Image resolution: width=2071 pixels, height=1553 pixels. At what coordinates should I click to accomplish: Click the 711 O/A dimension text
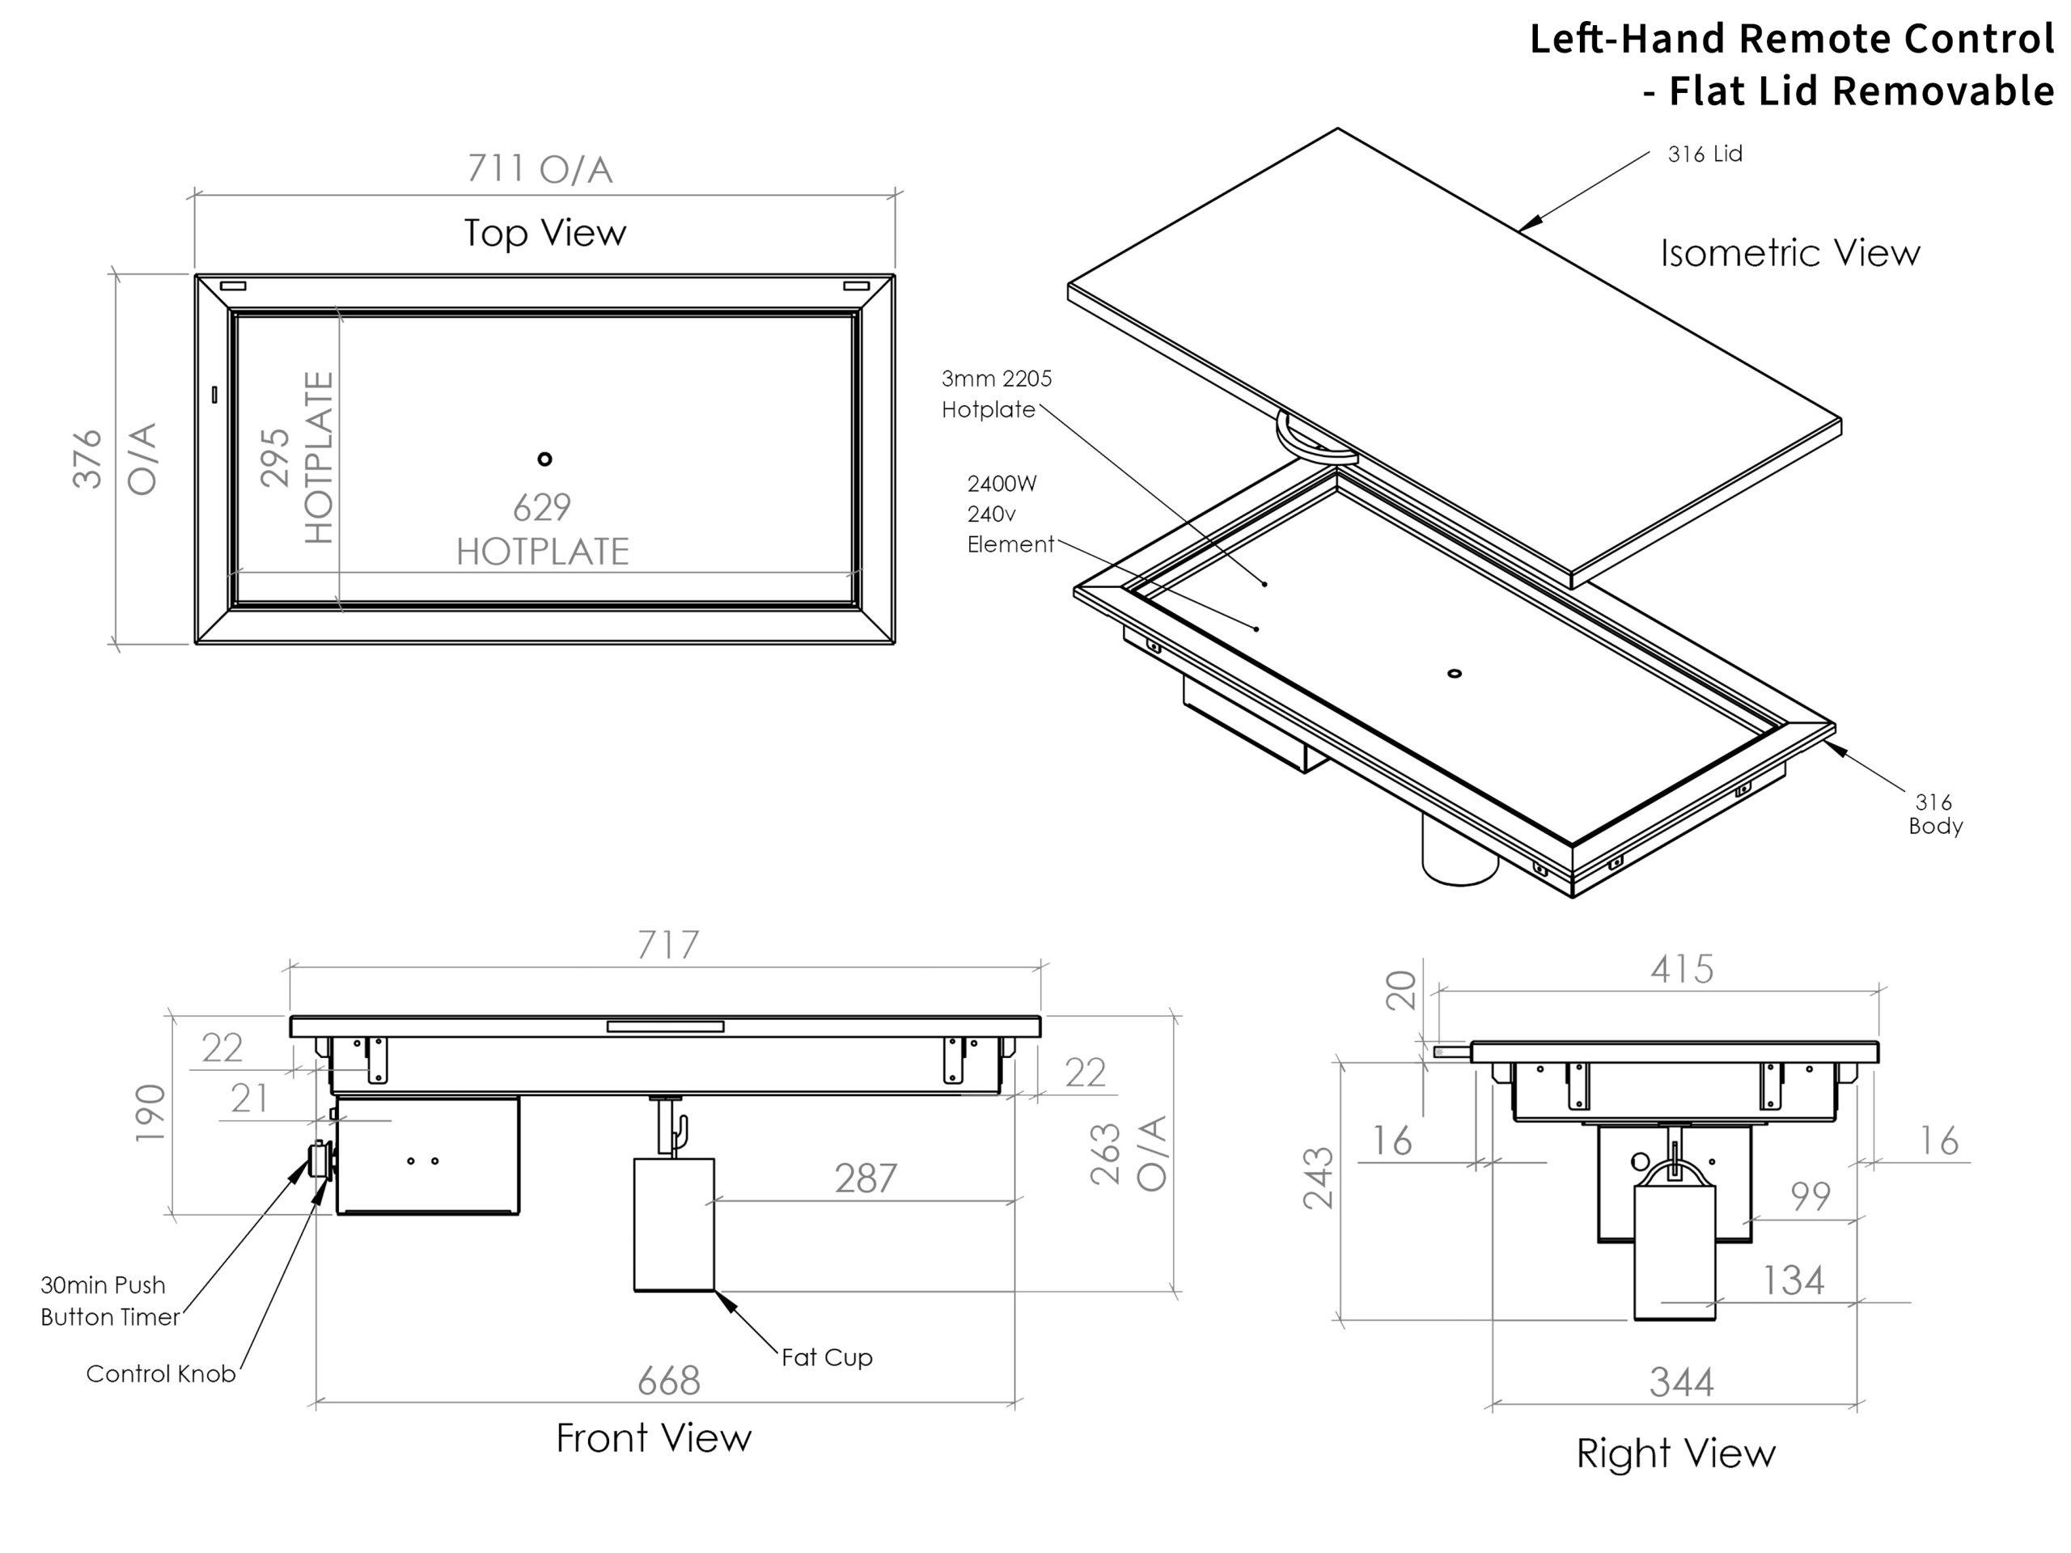pyautogui.click(x=540, y=169)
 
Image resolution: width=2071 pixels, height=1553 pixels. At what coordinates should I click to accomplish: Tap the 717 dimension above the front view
pyautogui.click(x=667, y=946)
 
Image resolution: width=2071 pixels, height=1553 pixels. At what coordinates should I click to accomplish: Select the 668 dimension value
pyautogui.click(x=668, y=1381)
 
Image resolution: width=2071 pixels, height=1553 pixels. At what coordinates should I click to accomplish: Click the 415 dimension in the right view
pyautogui.click(x=1682, y=969)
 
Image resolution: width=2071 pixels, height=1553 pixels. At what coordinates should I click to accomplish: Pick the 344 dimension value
pyautogui.click(x=1682, y=1382)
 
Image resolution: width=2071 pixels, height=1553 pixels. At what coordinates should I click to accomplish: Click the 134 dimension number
pyautogui.click(x=1793, y=1280)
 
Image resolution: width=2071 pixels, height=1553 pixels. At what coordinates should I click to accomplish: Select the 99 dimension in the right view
pyautogui.click(x=1810, y=1196)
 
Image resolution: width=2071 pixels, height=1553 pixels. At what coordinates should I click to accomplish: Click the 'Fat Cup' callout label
pyautogui.click(x=827, y=1357)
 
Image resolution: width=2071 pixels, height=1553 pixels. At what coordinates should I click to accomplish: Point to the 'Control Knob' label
pyautogui.click(x=160, y=1373)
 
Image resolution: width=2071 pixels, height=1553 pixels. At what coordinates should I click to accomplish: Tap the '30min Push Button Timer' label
pyautogui.click(x=109, y=1301)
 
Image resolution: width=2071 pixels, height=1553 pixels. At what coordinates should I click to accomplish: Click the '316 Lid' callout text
pyautogui.click(x=1704, y=154)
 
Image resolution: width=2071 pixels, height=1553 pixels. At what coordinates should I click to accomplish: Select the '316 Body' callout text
pyautogui.click(x=1934, y=814)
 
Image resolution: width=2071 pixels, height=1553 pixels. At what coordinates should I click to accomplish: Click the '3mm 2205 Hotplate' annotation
pyautogui.click(x=996, y=394)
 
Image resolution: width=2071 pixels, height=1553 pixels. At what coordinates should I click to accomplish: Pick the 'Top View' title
pyautogui.click(x=545, y=233)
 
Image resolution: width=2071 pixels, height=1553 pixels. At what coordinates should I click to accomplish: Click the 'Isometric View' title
pyautogui.click(x=1789, y=252)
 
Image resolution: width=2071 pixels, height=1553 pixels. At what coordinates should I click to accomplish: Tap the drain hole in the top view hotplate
pyautogui.click(x=545, y=459)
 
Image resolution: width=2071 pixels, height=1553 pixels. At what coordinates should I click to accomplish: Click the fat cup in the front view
pyautogui.click(x=674, y=1225)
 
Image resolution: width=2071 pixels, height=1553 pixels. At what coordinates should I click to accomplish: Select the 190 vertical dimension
pyautogui.click(x=150, y=1112)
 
